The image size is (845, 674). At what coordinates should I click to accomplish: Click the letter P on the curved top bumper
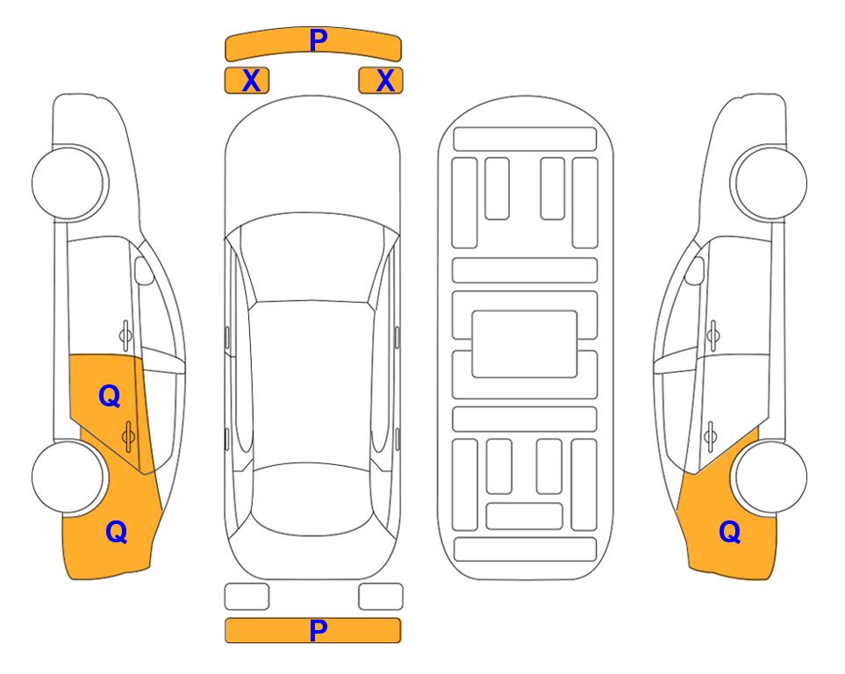click(x=319, y=40)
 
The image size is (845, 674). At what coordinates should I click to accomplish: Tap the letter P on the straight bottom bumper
click(x=319, y=630)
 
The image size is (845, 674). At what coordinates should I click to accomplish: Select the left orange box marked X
click(x=247, y=81)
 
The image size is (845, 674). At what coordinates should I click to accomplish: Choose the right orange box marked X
click(x=381, y=81)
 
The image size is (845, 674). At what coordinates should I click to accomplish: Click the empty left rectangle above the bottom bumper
click(x=247, y=597)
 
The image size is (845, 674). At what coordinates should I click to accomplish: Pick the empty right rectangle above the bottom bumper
click(x=381, y=597)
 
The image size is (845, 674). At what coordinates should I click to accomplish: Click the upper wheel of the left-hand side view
click(x=68, y=183)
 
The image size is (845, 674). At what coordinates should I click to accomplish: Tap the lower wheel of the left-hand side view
click(x=68, y=477)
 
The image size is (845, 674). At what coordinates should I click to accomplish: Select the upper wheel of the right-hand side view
click(x=770, y=183)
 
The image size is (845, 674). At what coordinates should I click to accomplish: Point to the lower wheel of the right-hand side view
click(x=770, y=477)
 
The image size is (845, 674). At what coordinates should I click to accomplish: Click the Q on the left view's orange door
click(x=110, y=397)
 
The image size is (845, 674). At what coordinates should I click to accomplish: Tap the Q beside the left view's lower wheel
click(x=117, y=532)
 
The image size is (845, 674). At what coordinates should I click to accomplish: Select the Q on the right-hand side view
click(x=730, y=532)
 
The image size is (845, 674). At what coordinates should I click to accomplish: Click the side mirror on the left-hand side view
click(x=144, y=271)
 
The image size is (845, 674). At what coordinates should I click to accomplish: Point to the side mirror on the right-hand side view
click(x=695, y=271)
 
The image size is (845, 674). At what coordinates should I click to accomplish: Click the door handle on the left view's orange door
click(x=128, y=436)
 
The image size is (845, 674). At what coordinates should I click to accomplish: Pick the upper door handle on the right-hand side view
click(x=713, y=335)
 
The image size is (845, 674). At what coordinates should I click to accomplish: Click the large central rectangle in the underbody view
click(x=525, y=344)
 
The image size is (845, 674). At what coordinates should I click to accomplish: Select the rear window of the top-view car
click(x=312, y=498)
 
